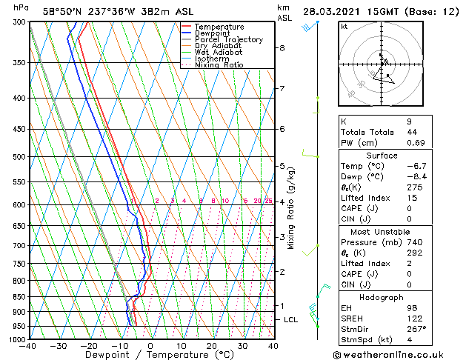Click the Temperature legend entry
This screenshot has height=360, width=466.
219,27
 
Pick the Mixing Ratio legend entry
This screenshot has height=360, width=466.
219,65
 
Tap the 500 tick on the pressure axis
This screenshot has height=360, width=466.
19,157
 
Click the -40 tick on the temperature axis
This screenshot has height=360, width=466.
29,345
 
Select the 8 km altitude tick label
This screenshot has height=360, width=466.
282,48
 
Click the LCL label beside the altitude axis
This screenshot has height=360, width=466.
291,319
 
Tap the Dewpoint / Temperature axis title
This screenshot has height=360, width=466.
150,355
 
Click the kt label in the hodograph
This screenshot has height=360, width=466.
344,27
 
